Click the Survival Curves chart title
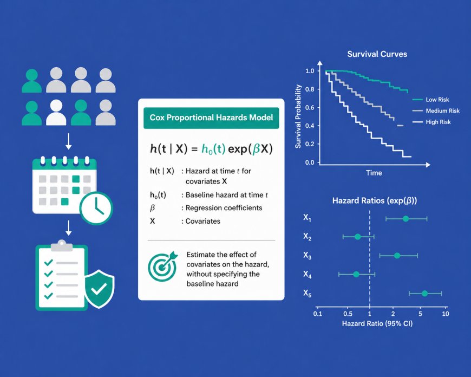(377, 54)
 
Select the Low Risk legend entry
(437, 100)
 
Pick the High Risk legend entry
(437, 122)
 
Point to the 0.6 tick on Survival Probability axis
(309, 107)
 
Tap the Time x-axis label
(374, 173)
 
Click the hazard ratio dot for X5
(424, 294)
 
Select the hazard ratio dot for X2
(357, 237)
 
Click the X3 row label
(307, 256)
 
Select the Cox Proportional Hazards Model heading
(211, 118)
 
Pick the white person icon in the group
(56, 112)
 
